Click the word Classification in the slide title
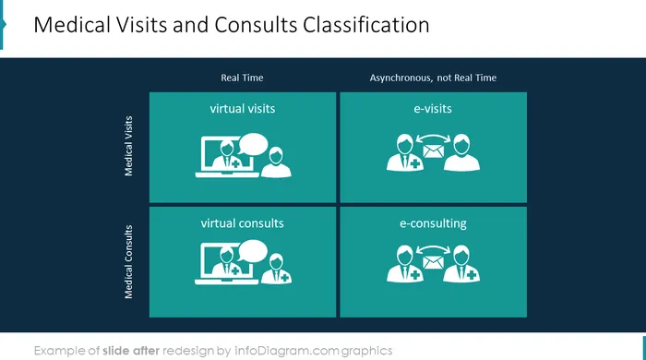coord(365,25)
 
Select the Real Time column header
coord(242,78)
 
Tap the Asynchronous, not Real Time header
coord(433,78)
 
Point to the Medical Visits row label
coord(128,146)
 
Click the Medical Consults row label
coord(128,261)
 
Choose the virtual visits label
coord(242,109)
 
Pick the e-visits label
coord(433,109)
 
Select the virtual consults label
coord(242,223)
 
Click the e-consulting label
coord(433,223)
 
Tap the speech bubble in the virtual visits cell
coord(253,144)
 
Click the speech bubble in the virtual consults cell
coord(252,251)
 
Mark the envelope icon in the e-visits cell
coord(434,151)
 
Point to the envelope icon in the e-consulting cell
coord(434,262)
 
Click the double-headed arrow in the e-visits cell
coord(433,137)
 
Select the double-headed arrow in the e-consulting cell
coord(433,248)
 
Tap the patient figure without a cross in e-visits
coord(461,153)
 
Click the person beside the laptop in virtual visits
coord(276,162)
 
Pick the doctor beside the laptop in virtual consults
coord(276,269)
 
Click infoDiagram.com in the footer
coord(286,351)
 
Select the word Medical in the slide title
coord(72,25)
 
